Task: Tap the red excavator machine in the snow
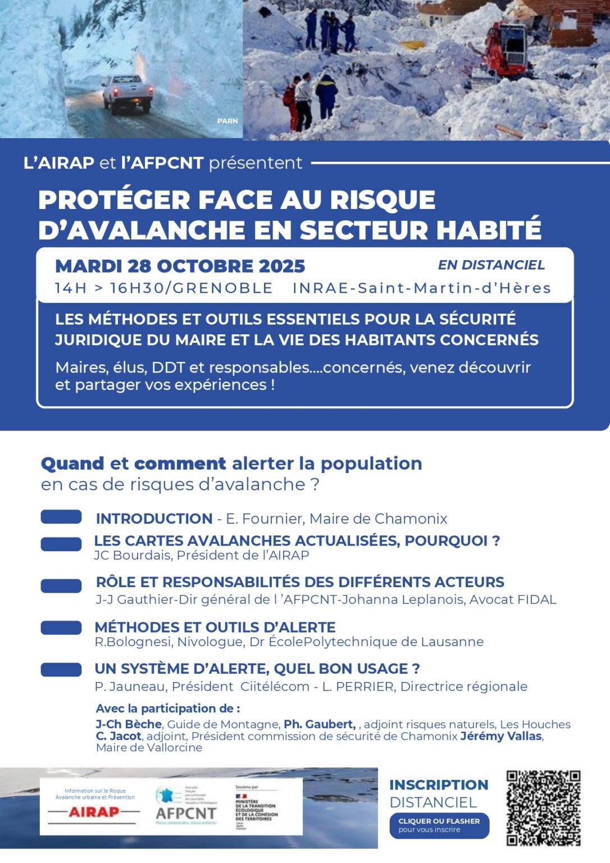[x=506, y=50]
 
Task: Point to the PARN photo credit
[x=227, y=121]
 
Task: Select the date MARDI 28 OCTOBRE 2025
[x=180, y=266]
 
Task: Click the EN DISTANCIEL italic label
[x=491, y=265]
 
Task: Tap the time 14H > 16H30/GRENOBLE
[x=163, y=288]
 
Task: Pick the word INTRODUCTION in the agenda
[x=154, y=519]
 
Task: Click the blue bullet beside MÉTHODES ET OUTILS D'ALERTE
[x=61, y=628]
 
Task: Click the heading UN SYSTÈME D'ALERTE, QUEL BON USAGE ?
[x=257, y=669]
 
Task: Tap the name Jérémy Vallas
[x=501, y=736]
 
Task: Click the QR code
[x=543, y=808]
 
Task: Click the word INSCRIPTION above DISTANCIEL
[x=439, y=785]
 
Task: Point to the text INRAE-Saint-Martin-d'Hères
[x=421, y=288]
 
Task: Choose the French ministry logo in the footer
[x=256, y=806]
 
